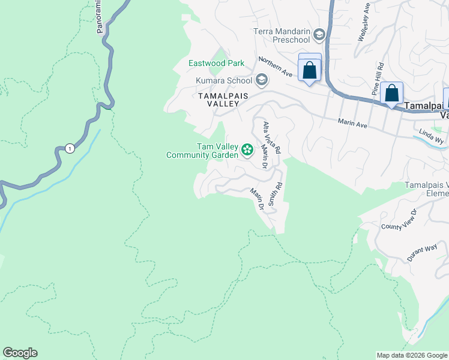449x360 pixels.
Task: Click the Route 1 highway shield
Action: coord(70,148)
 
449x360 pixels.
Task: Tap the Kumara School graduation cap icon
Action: coord(261,80)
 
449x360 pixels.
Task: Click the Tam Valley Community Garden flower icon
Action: coord(247,149)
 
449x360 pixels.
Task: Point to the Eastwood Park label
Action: coord(217,63)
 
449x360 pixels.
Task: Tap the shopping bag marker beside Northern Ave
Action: coord(310,70)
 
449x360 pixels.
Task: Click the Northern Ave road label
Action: coord(275,67)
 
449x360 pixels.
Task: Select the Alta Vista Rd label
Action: coord(272,138)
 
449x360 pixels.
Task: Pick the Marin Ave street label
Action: coord(352,122)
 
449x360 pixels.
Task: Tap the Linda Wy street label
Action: coord(431,136)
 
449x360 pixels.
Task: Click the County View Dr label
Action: coord(399,220)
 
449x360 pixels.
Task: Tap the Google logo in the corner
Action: coord(20,353)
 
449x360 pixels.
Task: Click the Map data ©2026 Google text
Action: coord(411,355)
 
